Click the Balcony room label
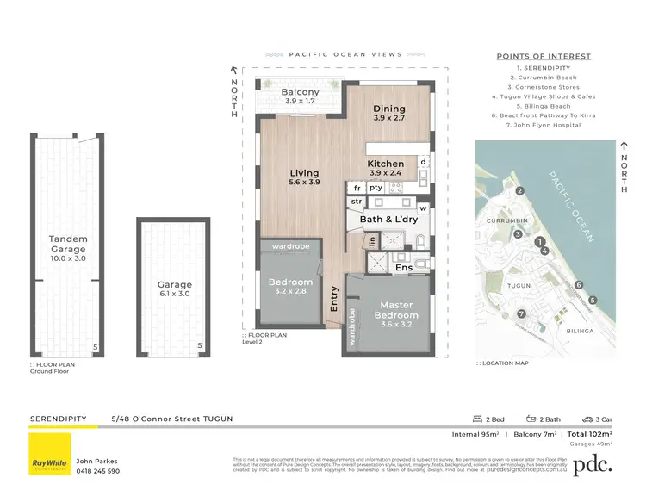click(x=301, y=92)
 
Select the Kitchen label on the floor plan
click(x=386, y=164)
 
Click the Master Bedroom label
click(x=396, y=310)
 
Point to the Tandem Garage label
click(x=68, y=244)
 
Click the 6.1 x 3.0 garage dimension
click(x=174, y=295)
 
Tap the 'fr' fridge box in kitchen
click(x=356, y=187)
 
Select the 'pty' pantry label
click(x=376, y=187)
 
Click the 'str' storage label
click(x=356, y=202)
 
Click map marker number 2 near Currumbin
click(x=519, y=191)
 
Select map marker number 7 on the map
click(x=520, y=313)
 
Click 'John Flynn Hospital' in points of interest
click(x=544, y=125)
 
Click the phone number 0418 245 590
click(x=99, y=471)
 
